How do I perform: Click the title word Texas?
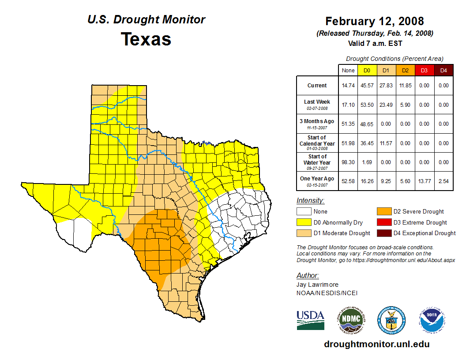point(146,39)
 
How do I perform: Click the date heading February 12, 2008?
point(375,21)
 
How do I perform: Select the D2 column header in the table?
point(405,70)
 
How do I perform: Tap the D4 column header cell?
point(443,70)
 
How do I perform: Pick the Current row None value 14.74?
point(348,86)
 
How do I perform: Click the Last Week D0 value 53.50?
point(367,105)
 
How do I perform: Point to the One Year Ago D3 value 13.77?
point(424,181)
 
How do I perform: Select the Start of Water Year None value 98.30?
point(348,162)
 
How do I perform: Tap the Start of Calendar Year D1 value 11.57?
point(386,143)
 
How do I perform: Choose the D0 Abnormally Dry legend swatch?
point(304,222)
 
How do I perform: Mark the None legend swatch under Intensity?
point(304,212)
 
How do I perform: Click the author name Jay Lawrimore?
point(318,285)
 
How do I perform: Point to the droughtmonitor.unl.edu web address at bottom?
point(376,344)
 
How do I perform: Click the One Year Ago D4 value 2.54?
point(443,181)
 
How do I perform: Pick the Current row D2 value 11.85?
point(405,86)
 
